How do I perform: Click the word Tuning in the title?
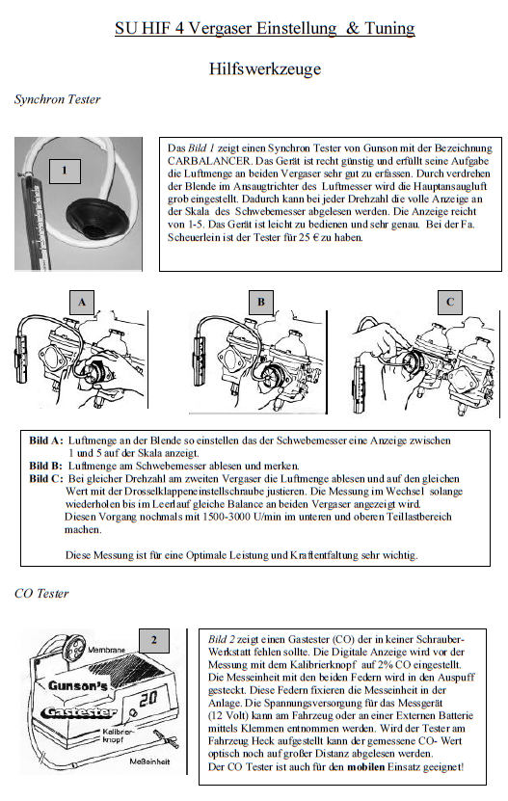tap(388, 28)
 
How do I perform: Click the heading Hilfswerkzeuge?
tap(265, 68)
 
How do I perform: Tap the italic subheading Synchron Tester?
tap(57, 99)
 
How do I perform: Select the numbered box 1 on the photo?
tap(65, 172)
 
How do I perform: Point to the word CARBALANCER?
tap(208, 161)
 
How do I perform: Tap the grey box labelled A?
tap(82, 302)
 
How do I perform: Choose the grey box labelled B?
tap(261, 302)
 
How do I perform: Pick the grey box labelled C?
tap(450, 302)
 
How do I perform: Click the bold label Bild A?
tap(46, 441)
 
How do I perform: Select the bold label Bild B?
tap(45, 466)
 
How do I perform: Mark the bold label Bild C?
tap(46, 479)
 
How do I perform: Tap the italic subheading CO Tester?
tap(41, 593)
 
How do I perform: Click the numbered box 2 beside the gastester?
tap(154, 641)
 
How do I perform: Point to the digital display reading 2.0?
tap(148, 699)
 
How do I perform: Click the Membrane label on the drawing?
tap(106, 651)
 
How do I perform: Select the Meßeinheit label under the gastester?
tap(149, 761)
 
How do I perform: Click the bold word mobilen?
tap(365, 766)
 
